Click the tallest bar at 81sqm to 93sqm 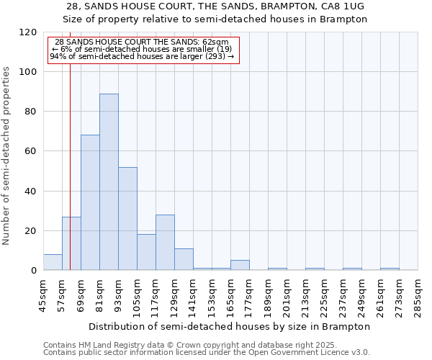109,181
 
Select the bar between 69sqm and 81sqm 90,202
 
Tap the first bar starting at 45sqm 53,262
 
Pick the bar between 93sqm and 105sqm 127,218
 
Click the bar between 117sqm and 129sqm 165,242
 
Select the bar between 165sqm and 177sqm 240,265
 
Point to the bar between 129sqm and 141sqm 184,259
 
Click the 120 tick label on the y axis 28,32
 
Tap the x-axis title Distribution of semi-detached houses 230,326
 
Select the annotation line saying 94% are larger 142,56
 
